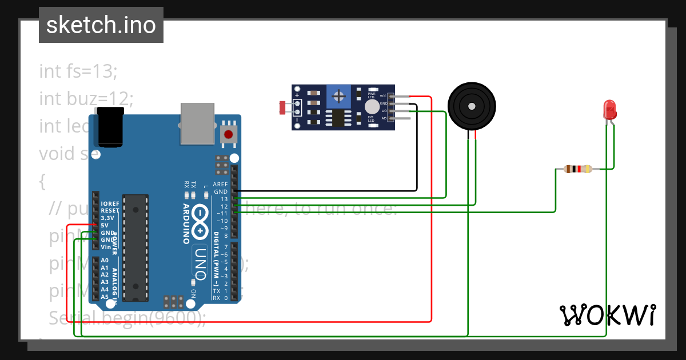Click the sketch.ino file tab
[101, 25]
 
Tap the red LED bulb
[609, 108]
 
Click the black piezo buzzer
[470, 106]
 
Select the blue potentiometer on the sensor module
[340, 94]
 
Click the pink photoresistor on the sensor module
[282, 106]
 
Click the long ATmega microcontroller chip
[136, 247]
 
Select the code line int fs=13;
[78, 71]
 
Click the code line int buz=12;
[86, 99]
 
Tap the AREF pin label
[220, 185]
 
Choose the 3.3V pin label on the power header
[107, 218]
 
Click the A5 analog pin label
[105, 297]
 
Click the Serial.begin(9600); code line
[127, 317]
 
